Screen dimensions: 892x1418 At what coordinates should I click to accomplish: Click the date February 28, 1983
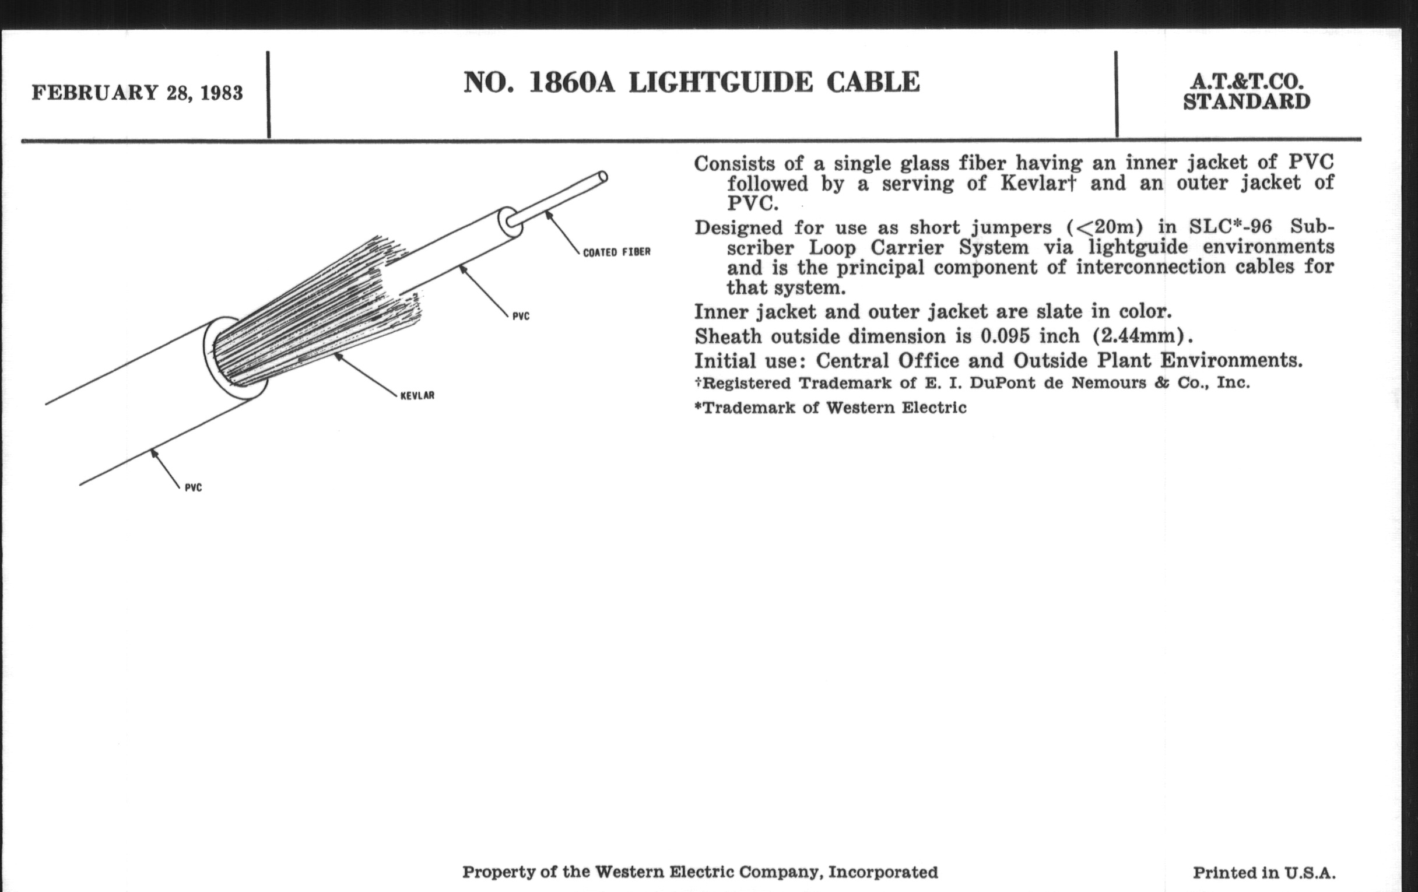coord(136,93)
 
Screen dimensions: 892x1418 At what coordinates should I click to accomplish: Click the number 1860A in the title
coord(572,82)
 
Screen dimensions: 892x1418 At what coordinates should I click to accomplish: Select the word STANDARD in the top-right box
coord(1247,102)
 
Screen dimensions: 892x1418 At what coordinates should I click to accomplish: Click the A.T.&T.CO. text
coord(1247,82)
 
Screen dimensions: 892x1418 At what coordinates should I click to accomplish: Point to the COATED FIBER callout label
coord(616,252)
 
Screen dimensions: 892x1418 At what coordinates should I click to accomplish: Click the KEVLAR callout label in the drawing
coord(417,396)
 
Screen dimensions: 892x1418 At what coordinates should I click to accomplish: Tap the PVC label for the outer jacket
coord(193,488)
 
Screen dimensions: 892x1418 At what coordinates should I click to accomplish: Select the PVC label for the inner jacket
coord(521,317)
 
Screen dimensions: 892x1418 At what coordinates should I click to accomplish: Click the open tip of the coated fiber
coord(602,177)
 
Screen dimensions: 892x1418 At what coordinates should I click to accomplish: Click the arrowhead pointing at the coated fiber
coord(548,215)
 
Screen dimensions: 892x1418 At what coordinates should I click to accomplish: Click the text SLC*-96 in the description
coord(1230,227)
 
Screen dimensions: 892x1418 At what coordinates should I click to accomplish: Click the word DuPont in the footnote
coord(1002,383)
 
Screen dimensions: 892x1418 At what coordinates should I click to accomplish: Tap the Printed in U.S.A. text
coord(1263,873)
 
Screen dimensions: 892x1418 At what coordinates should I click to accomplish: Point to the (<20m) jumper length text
coord(1104,227)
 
